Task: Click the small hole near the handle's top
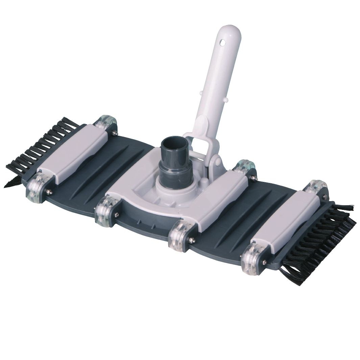click(x=222, y=43)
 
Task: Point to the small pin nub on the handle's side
click(x=227, y=100)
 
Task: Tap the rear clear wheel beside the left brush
click(x=108, y=122)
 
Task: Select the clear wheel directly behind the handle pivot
click(x=244, y=166)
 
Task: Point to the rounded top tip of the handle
click(x=232, y=29)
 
